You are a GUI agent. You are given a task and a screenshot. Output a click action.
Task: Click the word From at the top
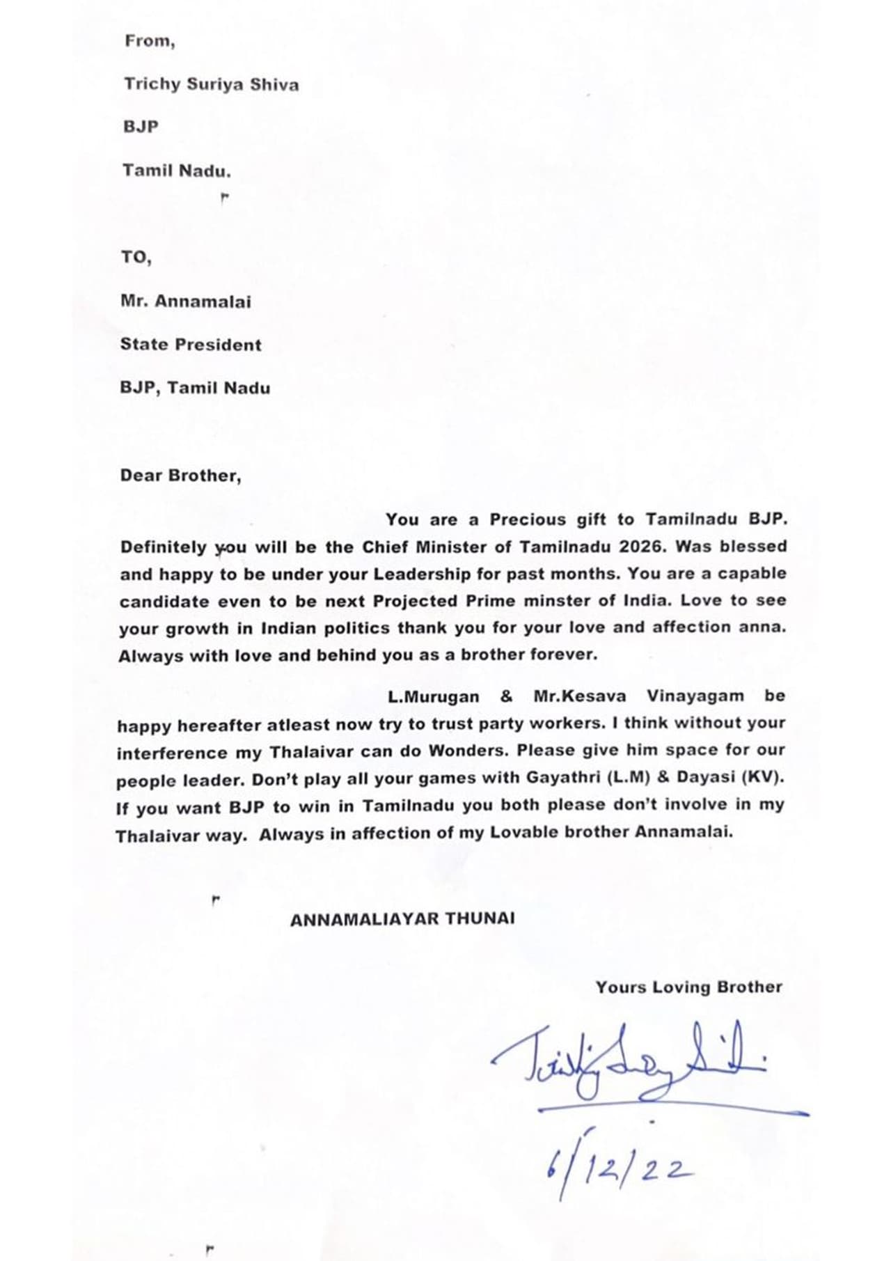pos(149,41)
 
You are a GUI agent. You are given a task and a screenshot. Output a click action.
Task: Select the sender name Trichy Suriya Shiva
pos(211,85)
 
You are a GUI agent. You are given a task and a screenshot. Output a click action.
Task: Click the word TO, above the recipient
pos(136,257)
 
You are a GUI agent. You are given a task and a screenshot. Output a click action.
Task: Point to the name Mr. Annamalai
pos(185,302)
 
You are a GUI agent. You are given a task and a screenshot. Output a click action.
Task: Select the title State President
pos(191,345)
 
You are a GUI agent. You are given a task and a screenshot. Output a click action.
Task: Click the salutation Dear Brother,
pos(180,476)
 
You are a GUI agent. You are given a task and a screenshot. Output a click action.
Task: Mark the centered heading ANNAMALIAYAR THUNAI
pos(402,919)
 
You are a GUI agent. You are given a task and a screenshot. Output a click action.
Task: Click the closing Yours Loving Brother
pos(688,987)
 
